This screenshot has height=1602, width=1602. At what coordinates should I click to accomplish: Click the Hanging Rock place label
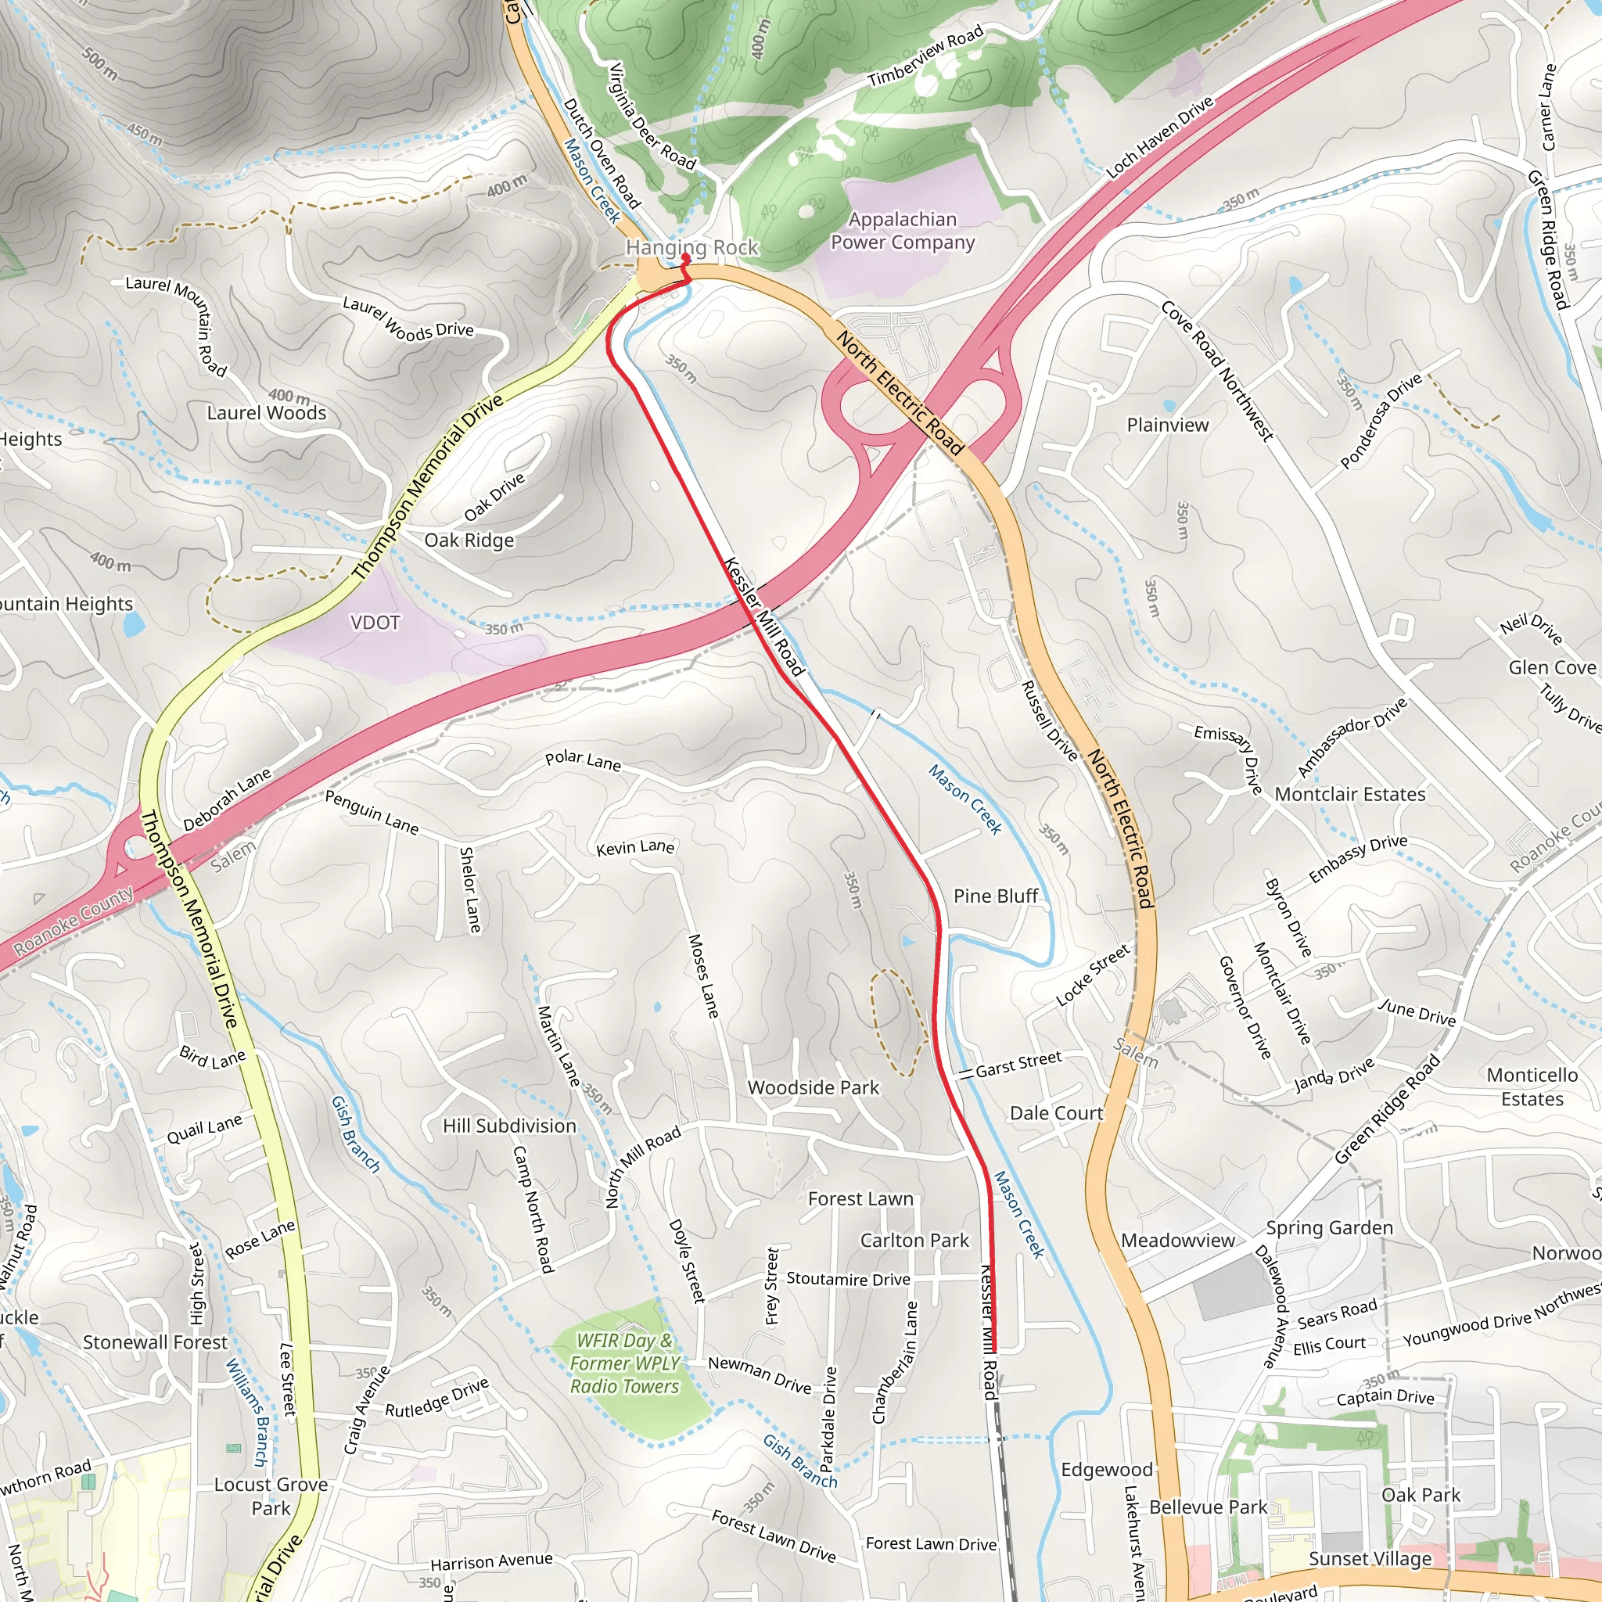coord(691,247)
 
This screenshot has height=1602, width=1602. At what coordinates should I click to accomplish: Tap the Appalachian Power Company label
coord(902,231)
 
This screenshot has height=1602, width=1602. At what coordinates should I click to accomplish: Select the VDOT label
coord(375,622)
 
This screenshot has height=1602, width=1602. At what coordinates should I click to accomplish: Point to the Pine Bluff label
coord(995,896)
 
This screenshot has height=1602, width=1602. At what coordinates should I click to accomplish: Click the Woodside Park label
coord(813,1087)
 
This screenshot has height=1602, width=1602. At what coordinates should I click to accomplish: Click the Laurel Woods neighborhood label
coord(266,412)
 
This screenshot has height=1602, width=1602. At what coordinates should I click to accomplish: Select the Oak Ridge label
coord(469,540)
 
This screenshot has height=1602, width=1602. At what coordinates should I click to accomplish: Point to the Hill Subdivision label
coord(509,1125)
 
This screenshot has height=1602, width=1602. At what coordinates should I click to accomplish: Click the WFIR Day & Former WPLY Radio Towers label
coord(624,1363)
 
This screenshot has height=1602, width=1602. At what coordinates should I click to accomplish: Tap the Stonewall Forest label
coord(155,1342)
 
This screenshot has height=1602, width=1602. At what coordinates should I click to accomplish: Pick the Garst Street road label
coord(1018,1064)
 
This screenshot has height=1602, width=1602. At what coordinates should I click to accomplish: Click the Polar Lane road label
coord(582,760)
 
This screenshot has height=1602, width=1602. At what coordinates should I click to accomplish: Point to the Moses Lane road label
coord(702,975)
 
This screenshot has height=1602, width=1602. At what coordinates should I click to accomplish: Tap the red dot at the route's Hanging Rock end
coord(686,258)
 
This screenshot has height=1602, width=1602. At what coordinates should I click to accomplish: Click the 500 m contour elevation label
coord(99,63)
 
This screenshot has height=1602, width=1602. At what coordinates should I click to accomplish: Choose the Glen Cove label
coord(1551,667)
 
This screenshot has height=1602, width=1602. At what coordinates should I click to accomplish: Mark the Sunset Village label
coord(1370,1558)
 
